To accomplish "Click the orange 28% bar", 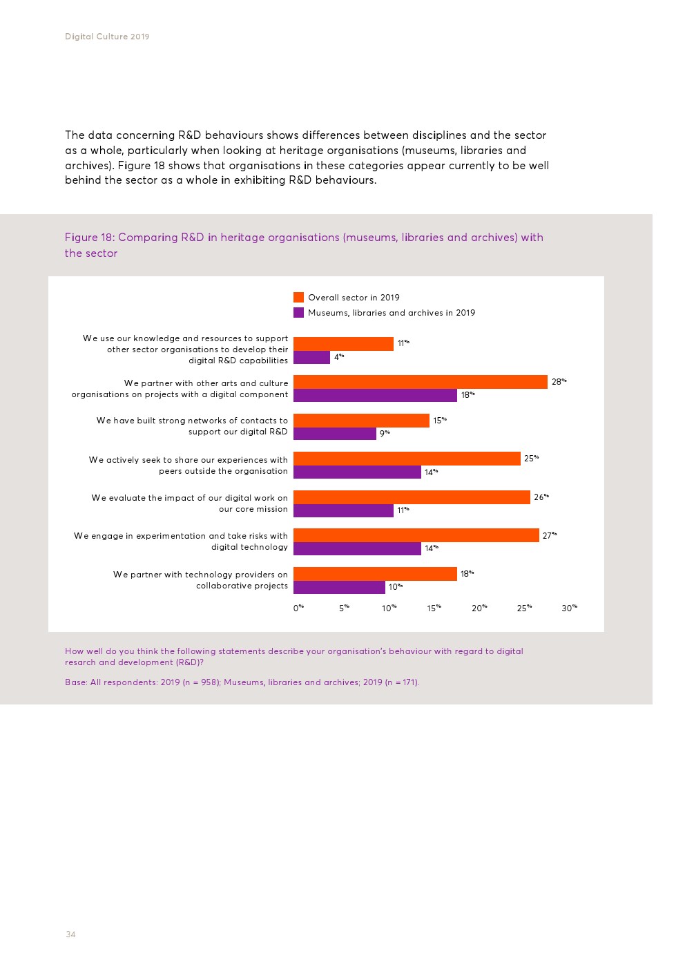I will click(x=420, y=382).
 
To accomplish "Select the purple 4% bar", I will click(x=311, y=357).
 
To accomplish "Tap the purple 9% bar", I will click(x=335, y=434).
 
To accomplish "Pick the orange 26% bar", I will click(x=412, y=497).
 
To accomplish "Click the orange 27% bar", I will click(x=416, y=535).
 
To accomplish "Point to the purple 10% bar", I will click(x=339, y=587).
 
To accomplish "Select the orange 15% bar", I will click(x=361, y=421).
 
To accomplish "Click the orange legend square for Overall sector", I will click(x=298, y=298).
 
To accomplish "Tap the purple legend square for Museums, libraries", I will click(x=298, y=313).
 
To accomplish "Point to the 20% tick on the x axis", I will click(x=479, y=608).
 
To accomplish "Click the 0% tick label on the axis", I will click(x=298, y=608).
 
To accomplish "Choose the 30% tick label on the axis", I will click(x=569, y=608).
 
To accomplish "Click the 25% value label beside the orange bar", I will click(x=531, y=459).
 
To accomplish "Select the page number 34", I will click(x=70, y=934).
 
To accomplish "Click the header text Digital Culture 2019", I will click(x=107, y=37).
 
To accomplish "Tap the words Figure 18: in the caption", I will click(x=90, y=238).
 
